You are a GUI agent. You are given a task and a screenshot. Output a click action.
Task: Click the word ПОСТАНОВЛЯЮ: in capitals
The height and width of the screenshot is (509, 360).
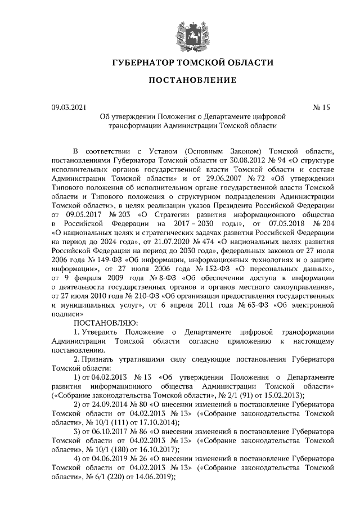106,323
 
